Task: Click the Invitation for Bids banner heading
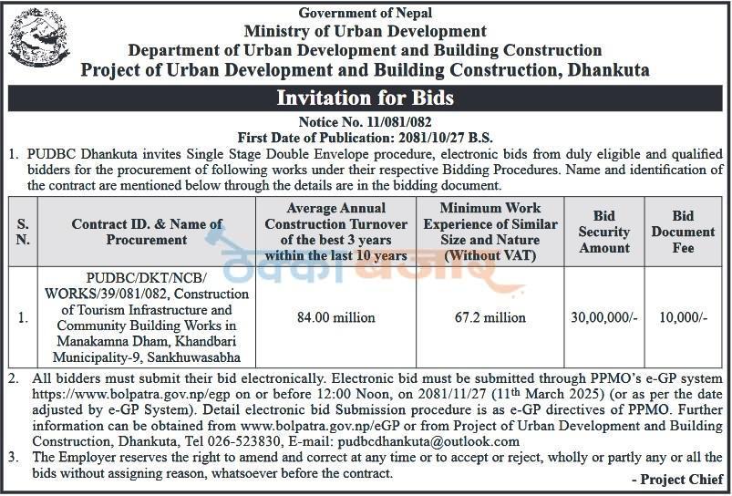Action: click(x=366, y=98)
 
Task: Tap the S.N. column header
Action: click(x=23, y=232)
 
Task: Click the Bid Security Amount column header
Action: click(x=603, y=232)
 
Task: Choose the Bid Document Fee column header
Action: click(x=682, y=232)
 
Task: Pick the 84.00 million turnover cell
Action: click(x=336, y=317)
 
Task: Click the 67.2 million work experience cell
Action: click(x=490, y=317)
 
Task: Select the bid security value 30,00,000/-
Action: click(x=603, y=317)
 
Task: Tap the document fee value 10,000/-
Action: click(x=682, y=317)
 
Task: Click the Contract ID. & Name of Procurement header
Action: click(x=147, y=232)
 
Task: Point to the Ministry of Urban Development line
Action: click(x=366, y=31)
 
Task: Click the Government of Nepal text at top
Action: click(x=366, y=13)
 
